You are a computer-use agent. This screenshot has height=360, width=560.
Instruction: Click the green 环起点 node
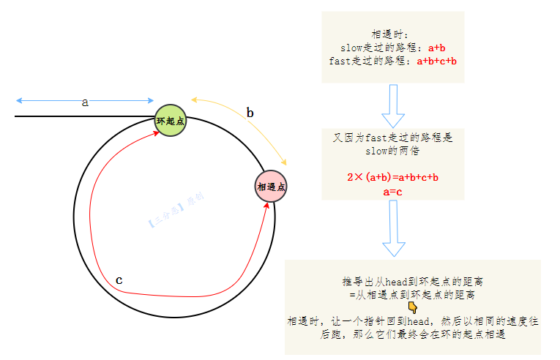tap(171, 120)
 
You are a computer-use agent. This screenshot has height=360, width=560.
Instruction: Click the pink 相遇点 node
tap(271, 186)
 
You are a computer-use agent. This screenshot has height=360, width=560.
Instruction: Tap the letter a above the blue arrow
tap(85, 102)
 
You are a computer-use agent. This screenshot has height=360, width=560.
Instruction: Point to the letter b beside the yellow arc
tap(250, 113)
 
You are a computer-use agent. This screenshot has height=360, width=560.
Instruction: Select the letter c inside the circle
tap(119, 280)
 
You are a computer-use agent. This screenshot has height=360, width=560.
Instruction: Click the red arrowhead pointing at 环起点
tap(157, 133)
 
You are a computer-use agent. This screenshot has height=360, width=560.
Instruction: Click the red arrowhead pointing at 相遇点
tap(266, 206)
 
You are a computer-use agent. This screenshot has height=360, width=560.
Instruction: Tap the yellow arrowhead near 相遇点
tap(284, 162)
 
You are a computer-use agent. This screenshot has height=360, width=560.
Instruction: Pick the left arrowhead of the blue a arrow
tap(19, 101)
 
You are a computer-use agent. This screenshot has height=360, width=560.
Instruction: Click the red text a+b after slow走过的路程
tap(437, 48)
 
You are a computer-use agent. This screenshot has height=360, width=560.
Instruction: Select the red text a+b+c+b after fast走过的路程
tap(437, 61)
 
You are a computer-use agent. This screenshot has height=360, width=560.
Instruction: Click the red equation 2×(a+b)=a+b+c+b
tap(392, 177)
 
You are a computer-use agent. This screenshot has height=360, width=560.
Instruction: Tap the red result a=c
tap(392, 192)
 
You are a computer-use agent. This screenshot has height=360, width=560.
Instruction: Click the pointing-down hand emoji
tap(413, 307)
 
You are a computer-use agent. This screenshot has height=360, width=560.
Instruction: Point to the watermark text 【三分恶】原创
tap(176, 210)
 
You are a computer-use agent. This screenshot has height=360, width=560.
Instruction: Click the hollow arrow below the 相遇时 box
tap(393, 106)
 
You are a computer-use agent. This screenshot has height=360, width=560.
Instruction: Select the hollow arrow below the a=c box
tap(394, 228)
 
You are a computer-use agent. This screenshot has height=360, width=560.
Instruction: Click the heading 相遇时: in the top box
tap(389, 34)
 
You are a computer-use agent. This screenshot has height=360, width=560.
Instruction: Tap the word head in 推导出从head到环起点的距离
tap(397, 282)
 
